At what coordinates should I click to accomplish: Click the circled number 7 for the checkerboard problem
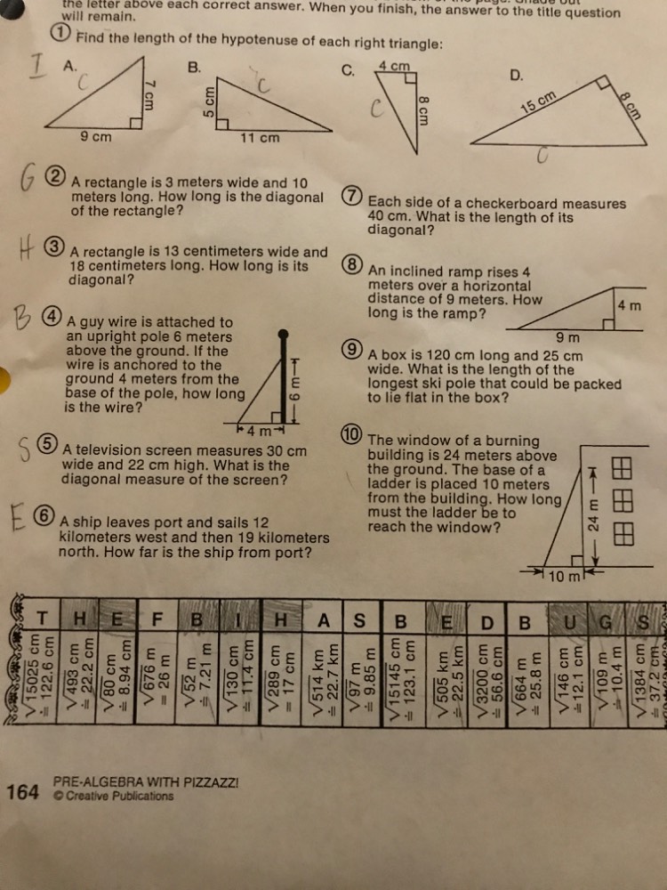coord(352,198)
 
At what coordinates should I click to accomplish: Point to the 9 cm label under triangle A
coord(96,137)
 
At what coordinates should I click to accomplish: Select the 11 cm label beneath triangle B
coord(260,138)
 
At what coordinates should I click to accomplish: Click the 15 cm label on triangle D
coord(538,102)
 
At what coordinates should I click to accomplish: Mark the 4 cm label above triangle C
coord(393,66)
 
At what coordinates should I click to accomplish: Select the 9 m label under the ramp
coord(567,337)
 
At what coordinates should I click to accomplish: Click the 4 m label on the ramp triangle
coord(629,306)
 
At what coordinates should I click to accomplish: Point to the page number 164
coord(22,790)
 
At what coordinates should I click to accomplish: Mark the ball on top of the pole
coord(283,335)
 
